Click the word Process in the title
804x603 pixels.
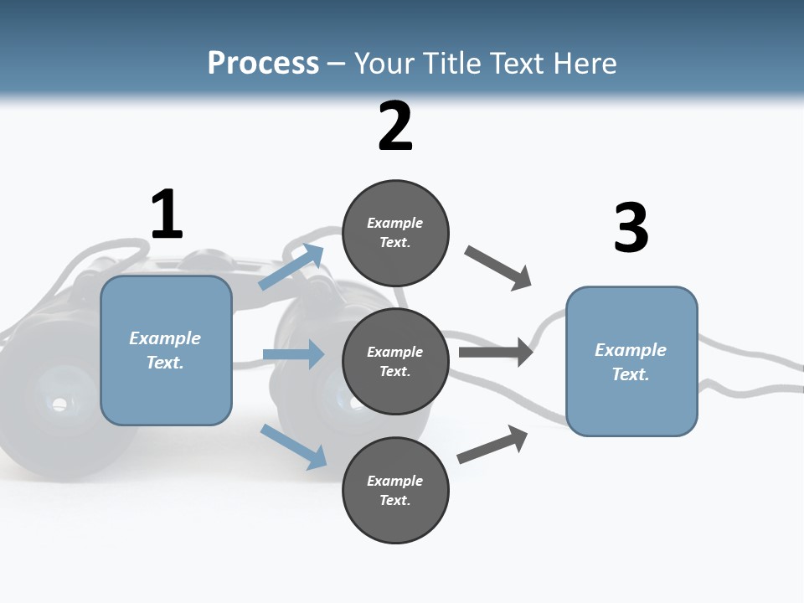(263, 63)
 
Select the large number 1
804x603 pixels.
(167, 215)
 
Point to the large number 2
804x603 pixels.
(395, 126)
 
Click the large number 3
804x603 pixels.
(631, 228)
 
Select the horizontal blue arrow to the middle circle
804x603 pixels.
(293, 354)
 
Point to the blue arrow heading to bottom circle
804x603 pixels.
(293, 446)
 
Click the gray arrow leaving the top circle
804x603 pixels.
(498, 268)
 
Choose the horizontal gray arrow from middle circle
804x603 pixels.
(495, 352)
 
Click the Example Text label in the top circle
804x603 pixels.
(395, 233)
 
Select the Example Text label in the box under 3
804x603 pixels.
(631, 362)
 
